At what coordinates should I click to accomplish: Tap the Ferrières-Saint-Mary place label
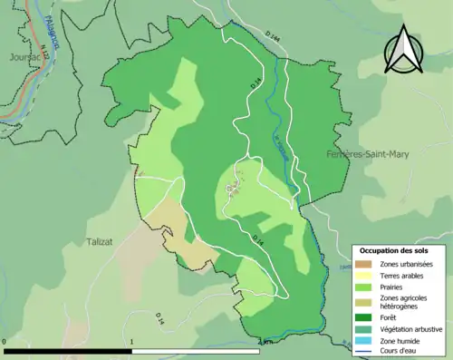click(367, 155)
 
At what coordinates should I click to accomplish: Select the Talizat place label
click(104, 242)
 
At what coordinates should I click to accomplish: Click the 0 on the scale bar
click(5, 342)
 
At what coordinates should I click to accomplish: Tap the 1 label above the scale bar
click(133, 342)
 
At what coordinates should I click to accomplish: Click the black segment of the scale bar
click(69, 350)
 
